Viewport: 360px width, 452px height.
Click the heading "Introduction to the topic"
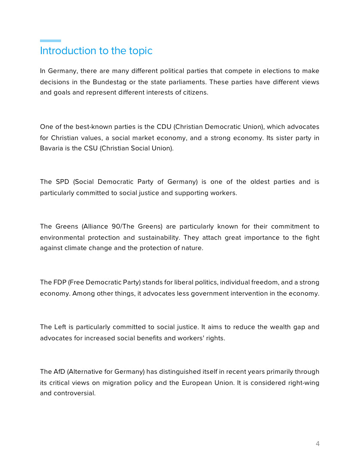[x=96, y=51]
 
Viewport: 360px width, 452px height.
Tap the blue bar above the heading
[x=50, y=41]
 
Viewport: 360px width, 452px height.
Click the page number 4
[x=317, y=443]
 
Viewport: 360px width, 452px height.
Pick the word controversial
[x=74, y=394]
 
